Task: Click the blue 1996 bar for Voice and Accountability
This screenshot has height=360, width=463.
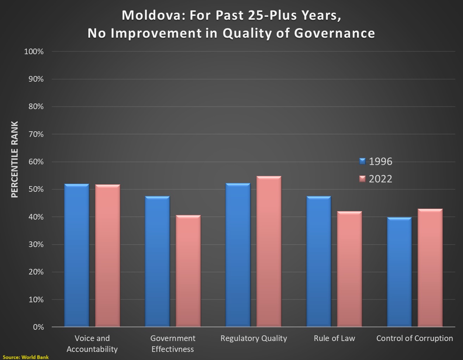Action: pyautogui.click(x=76, y=255)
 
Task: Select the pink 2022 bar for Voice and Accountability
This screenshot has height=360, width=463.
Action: pyautogui.click(x=107, y=256)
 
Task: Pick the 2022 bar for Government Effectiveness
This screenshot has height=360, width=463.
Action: pyautogui.click(x=188, y=271)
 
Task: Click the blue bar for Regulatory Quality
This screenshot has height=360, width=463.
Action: pyautogui.click(x=238, y=255)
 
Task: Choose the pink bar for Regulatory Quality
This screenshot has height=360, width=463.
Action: pyautogui.click(x=269, y=252)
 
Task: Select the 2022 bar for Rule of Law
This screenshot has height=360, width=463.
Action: pyautogui.click(x=349, y=269)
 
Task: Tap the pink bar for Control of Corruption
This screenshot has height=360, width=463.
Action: pyautogui.click(x=430, y=268)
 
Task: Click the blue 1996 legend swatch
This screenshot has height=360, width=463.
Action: pyautogui.click(x=363, y=161)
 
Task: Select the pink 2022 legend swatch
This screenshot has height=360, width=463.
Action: pyautogui.click(x=363, y=179)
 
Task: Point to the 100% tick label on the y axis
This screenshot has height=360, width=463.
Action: pyautogui.click(x=34, y=52)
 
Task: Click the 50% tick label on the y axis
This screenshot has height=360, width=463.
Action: pyautogui.click(x=36, y=189)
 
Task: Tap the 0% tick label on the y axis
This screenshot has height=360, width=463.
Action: pyautogui.click(x=38, y=327)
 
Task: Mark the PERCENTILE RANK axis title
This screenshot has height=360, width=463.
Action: pyautogui.click(x=14, y=159)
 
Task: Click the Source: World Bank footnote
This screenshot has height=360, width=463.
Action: pyautogui.click(x=26, y=357)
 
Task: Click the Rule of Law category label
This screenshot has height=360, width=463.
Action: pyautogui.click(x=334, y=338)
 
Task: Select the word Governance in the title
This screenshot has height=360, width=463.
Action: pyautogui.click(x=334, y=33)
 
